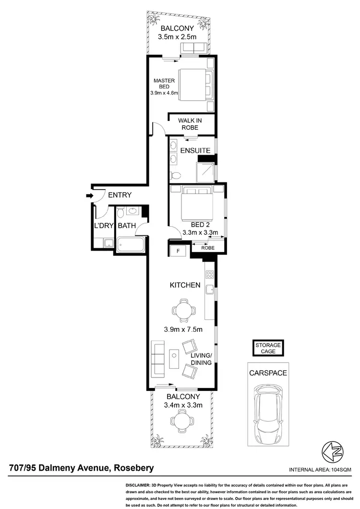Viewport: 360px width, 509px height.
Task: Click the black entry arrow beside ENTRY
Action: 89,195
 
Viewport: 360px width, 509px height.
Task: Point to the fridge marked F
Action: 178,250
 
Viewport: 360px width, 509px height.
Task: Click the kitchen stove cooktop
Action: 209,275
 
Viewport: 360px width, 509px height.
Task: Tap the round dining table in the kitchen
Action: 183,310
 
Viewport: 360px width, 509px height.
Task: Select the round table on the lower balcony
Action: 183,421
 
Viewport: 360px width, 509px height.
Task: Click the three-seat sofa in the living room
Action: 157,359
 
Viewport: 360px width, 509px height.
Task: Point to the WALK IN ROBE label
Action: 189,124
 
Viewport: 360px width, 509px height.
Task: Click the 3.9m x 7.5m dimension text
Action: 183,329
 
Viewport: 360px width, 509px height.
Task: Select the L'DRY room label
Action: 103,226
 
